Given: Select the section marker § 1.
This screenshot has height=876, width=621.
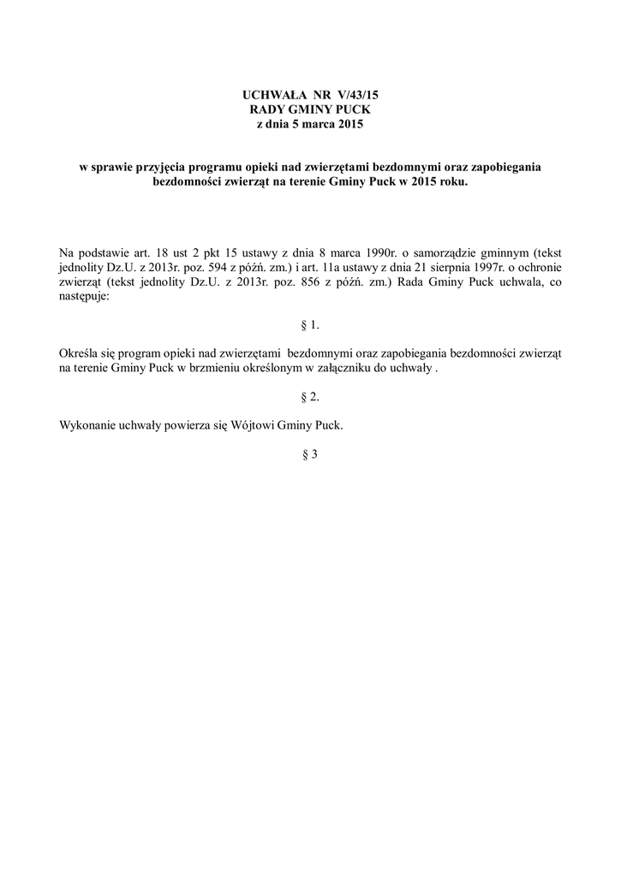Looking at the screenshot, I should point(310,326).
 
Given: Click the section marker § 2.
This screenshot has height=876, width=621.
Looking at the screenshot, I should point(310,397).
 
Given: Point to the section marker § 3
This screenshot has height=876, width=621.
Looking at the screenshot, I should point(310,454).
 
